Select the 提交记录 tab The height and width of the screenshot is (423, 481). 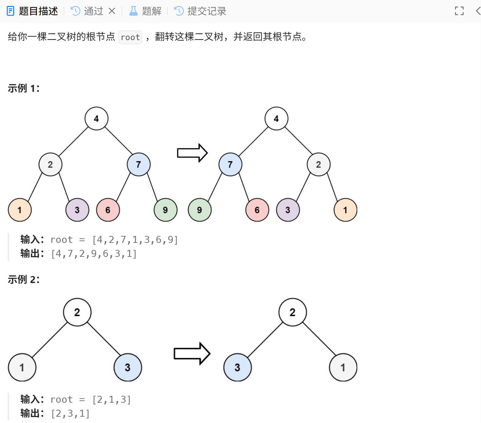tap(200, 11)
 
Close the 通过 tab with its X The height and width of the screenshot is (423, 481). tap(112, 11)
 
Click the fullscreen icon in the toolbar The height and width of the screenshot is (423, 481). tap(459, 11)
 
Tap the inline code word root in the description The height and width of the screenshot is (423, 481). tap(130, 37)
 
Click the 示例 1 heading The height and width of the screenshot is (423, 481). tap(24, 88)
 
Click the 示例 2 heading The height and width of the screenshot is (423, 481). tap(24, 280)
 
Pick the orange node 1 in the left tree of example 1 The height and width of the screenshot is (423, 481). tap(20, 210)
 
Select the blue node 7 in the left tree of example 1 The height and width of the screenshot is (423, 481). tap(138, 164)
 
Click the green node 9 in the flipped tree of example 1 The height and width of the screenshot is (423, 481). tap(200, 210)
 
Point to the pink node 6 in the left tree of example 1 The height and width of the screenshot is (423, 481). tap(108, 210)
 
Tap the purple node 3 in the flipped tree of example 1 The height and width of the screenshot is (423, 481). tap(288, 210)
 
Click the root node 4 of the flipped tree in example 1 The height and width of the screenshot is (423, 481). tap(276, 119)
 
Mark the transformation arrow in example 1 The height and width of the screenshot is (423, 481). tap(192, 153)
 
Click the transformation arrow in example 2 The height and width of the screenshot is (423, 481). tap(192, 354)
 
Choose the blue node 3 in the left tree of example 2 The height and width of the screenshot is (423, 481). tap(128, 367)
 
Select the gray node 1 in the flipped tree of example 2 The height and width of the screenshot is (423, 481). tap(343, 367)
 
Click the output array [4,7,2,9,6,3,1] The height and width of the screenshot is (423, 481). tap(94, 254)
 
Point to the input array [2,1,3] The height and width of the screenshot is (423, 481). tap(112, 400)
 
